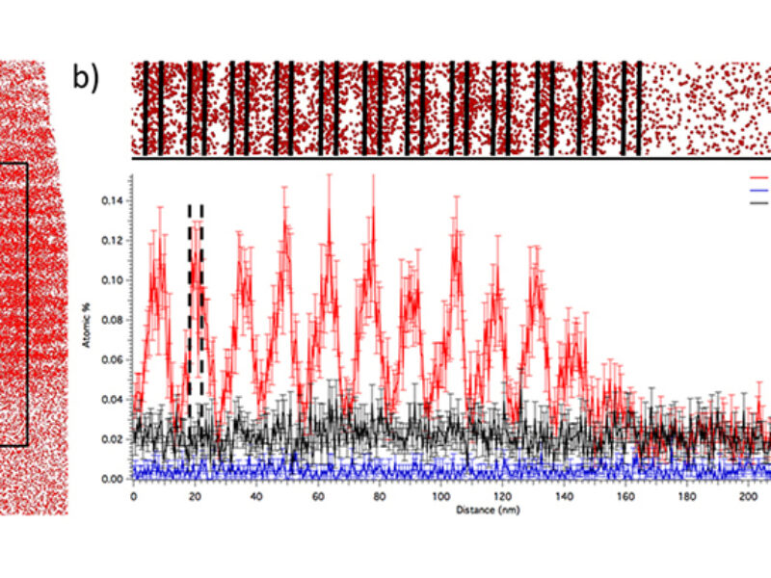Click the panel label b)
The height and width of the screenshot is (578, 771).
(x=86, y=77)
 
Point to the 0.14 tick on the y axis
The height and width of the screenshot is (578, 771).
(x=114, y=200)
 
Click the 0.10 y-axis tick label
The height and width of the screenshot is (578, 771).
(x=114, y=280)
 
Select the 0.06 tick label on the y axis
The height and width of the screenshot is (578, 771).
(x=114, y=359)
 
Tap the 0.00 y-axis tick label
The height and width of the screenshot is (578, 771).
(x=114, y=479)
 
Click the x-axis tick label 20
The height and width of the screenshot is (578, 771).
(x=195, y=495)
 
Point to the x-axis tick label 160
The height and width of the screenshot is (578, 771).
(x=624, y=495)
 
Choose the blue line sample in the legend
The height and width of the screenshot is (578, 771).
(x=759, y=191)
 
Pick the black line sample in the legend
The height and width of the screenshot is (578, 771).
(x=759, y=202)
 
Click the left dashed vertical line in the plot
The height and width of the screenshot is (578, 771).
(x=190, y=308)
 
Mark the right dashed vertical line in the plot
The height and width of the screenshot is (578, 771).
(x=201, y=308)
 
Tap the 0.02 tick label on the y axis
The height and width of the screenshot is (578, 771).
(x=114, y=439)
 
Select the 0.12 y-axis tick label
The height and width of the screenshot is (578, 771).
(x=114, y=240)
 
